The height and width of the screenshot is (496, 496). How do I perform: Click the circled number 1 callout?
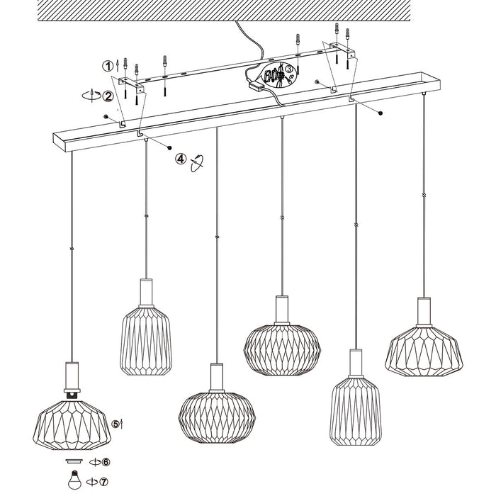pos(108,66)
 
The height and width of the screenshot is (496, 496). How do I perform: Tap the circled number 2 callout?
pos(108,96)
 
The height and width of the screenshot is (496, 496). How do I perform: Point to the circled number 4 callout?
pos(182,159)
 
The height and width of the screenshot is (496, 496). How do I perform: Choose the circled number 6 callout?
pos(106,463)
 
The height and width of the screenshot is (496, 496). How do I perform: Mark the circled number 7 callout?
pos(105,483)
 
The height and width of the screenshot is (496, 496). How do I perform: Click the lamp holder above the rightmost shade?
pos(424,310)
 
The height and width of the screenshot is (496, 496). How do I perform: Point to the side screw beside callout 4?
pos(170,147)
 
